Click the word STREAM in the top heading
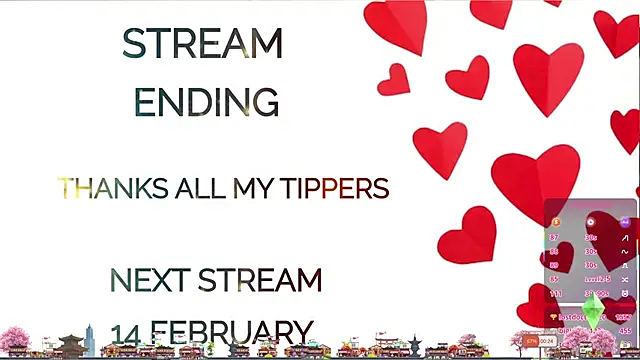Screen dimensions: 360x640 (202, 43)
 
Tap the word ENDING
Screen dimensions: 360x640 (206, 101)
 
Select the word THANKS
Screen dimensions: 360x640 (99, 188)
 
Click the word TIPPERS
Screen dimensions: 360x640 (334, 188)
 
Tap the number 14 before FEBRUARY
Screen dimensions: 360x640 (126, 332)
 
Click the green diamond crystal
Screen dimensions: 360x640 (594, 309)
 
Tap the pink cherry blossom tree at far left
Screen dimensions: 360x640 (14, 339)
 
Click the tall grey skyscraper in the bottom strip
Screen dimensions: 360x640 (89, 338)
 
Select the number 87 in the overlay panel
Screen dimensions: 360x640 (554, 238)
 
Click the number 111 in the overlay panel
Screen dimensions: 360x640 (555, 294)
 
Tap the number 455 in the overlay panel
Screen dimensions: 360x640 (625, 330)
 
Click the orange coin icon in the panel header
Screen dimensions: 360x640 (556, 221)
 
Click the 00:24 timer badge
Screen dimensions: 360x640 (547, 341)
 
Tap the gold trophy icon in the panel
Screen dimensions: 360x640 (553, 317)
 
